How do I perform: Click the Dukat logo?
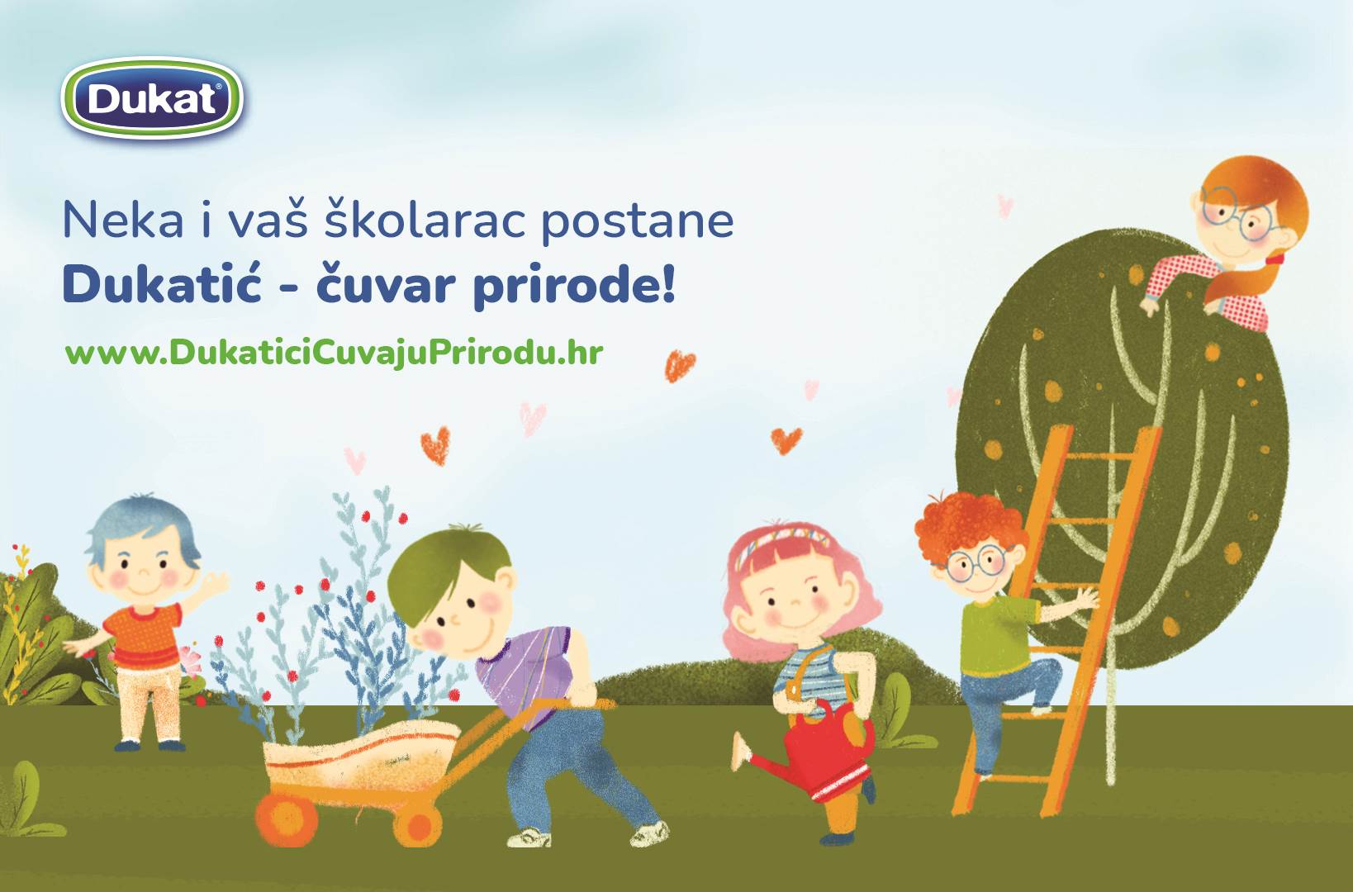pos(152,98)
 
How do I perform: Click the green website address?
pos(334,353)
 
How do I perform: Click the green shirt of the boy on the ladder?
pos(998,634)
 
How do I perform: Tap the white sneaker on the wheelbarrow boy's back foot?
pos(650,833)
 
